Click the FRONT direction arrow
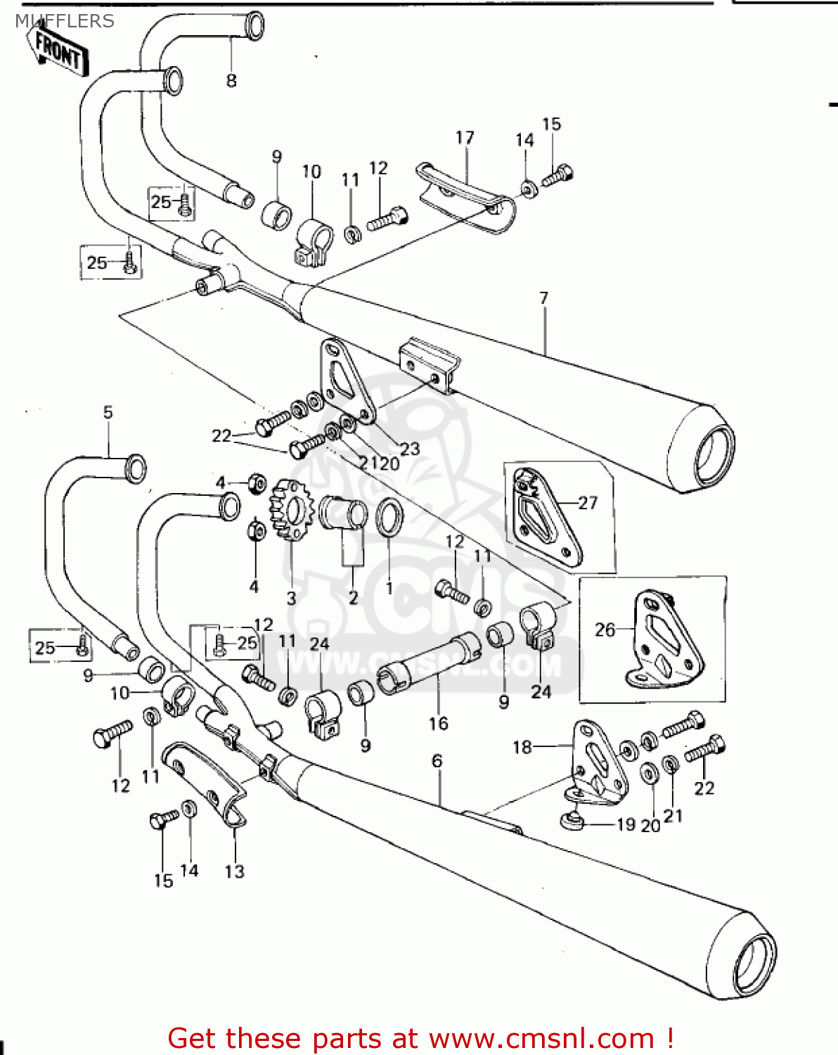pyautogui.click(x=60, y=51)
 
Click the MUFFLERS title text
pyautogui.click(x=64, y=21)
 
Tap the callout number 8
pyautogui.click(x=231, y=81)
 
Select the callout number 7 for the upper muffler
pyautogui.click(x=543, y=298)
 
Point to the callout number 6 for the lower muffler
pyautogui.click(x=437, y=761)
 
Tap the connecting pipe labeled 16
pyautogui.click(x=429, y=664)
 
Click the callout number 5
pyautogui.click(x=108, y=412)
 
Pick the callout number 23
pyautogui.click(x=409, y=449)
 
